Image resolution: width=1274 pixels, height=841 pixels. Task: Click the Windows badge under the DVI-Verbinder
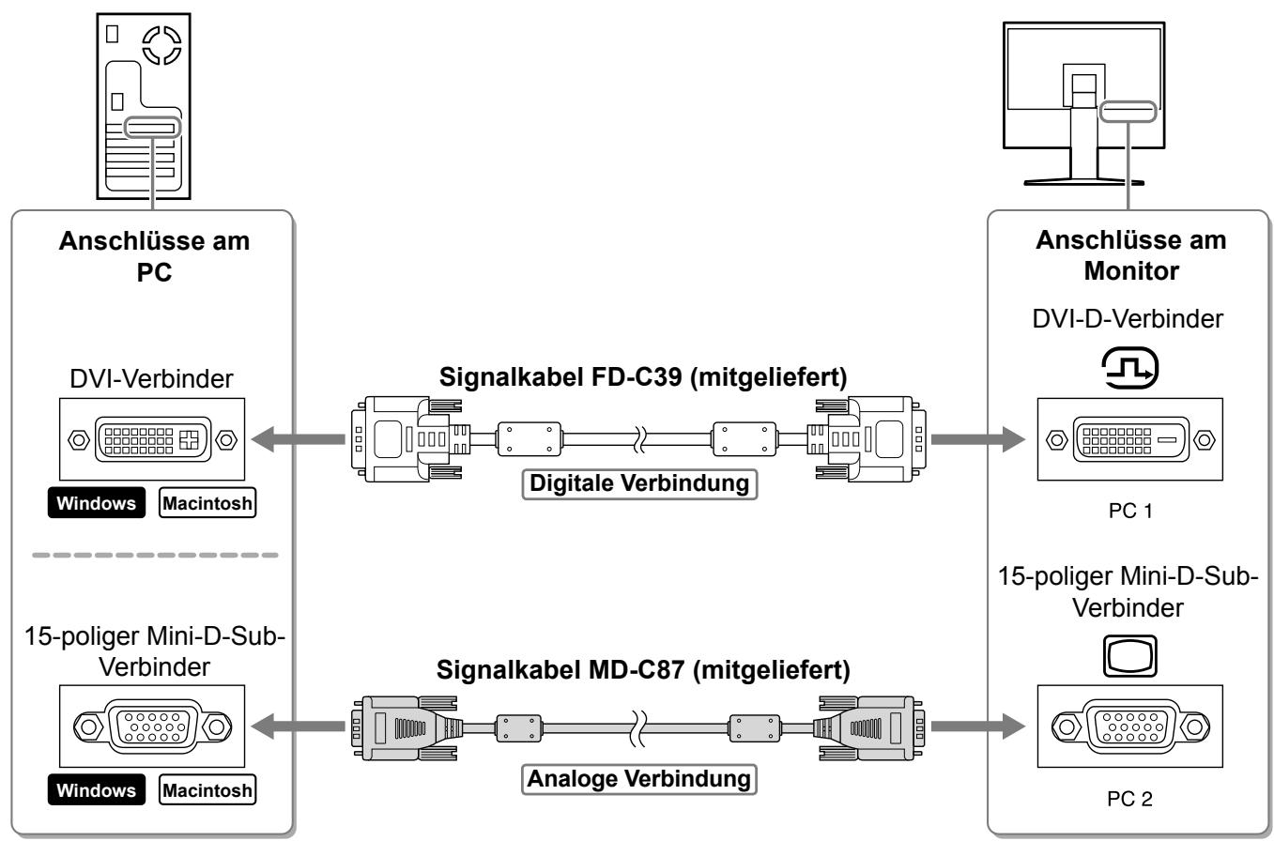[x=97, y=503]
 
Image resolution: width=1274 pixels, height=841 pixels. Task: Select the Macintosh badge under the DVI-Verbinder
[x=207, y=503]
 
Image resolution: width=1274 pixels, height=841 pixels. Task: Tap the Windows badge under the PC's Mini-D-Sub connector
[x=97, y=789]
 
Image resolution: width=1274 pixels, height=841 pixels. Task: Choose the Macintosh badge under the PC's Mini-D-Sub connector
[x=207, y=789]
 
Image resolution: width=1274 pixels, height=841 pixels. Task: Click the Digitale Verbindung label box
[x=639, y=484]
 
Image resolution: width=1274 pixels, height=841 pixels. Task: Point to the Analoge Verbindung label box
[x=639, y=779]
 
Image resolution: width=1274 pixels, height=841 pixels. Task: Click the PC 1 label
[x=1130, y=511]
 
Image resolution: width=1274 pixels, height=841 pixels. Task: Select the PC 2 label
[x=1129, y=799]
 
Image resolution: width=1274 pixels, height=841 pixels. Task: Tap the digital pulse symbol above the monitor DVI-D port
[x=1130, y=368]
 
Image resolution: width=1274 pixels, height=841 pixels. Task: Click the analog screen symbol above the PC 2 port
[x=1130, y=656]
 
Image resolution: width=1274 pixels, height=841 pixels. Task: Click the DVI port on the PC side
[x=152, y=439]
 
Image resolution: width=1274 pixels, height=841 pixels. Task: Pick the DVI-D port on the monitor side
[x=1130, y=439]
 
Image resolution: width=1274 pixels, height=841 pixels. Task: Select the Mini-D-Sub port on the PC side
[x=152, y=726]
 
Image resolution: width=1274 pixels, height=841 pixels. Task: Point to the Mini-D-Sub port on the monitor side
[x=1130, y=726]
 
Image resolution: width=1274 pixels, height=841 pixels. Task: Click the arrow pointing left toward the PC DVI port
[x=298, y=439]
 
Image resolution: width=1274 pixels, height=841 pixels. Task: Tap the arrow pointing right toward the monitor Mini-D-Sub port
[x=978, y=726]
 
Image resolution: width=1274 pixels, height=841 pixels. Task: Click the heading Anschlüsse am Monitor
[x=1130, y=255]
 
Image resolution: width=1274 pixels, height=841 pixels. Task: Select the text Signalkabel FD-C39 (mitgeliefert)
[x=643, y=376]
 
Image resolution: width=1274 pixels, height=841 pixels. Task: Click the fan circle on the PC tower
[x=161, y=45]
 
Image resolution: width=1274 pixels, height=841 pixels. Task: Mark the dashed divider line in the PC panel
[x=155, y=555]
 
